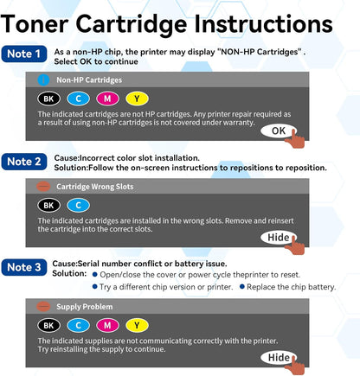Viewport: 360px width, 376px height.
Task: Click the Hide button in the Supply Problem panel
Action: pos(277,357)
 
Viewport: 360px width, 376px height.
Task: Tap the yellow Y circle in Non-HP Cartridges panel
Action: pos(136,99)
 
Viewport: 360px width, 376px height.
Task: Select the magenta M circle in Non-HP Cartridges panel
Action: pos(107,99)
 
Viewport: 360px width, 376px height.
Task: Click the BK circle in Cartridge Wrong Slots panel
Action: pos(48,205)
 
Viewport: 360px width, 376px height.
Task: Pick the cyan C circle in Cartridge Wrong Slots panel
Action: pos(78,205)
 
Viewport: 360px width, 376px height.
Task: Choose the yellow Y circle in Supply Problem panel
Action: pos(136,325)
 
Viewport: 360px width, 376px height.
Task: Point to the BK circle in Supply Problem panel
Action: pos(48,325)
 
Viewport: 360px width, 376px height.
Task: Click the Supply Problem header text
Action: pos(86,306)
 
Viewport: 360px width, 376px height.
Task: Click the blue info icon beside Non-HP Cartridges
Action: pos(43,80)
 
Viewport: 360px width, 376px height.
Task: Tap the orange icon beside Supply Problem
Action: pos(43,306)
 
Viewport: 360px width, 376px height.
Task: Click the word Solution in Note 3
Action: pos(69,273)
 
